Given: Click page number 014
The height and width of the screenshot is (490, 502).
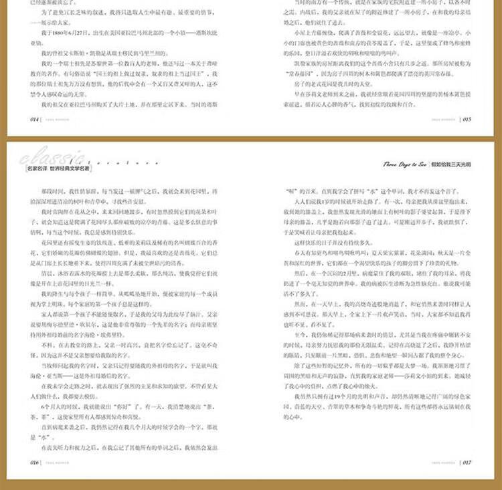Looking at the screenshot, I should (x=31, y=120).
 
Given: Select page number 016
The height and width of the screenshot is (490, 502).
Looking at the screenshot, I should (x=31, y=461).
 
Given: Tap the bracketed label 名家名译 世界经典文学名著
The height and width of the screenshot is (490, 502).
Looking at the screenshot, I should (x=58, y=169).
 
